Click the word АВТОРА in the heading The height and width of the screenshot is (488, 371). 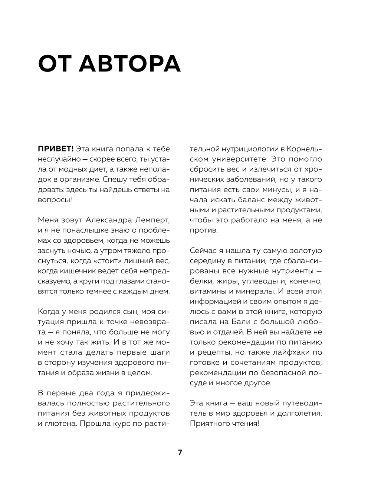(130, 63)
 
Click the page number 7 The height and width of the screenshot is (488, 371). (180, 452)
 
